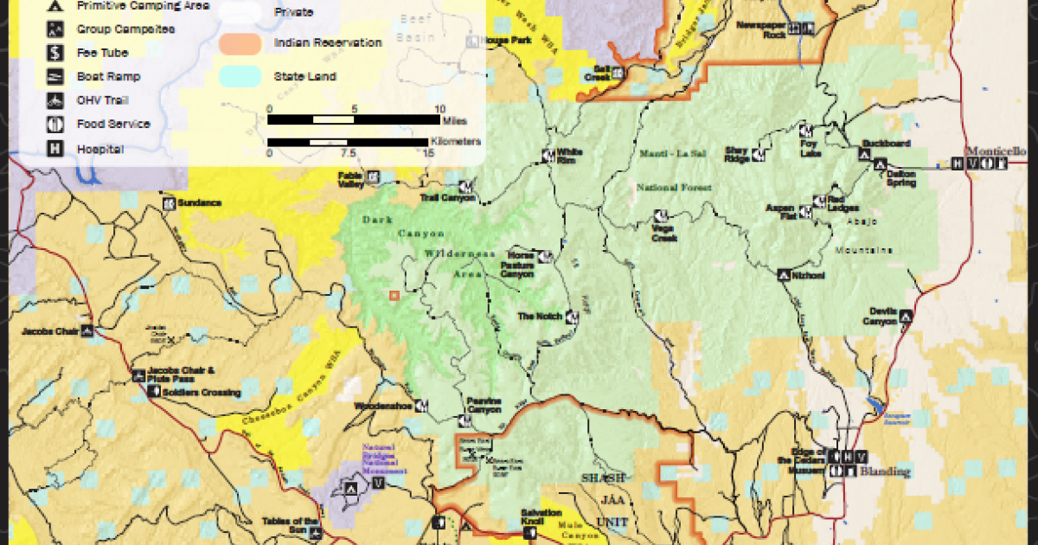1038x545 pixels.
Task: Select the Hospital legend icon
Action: pyautogui.click(x=54, y=149)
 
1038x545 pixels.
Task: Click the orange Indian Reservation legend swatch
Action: pyautogui.click(x=240, y=42)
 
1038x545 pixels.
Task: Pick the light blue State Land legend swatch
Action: pyautogui.click(x=240, y=76)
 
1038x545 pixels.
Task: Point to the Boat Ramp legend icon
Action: pyautogui.click(x=54, y=76)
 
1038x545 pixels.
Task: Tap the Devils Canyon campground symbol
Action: pyautogui.click(x=906, y=317)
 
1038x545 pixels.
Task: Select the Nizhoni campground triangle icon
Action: pyautogui.click(x=784, y=275)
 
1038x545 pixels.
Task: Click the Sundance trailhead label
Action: pyautogui.click(x=198, y=203)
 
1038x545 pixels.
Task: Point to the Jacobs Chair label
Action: pyautogui.click(x=50, y=330)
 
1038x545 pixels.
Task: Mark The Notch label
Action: pyautogui.click(x=540, y=317)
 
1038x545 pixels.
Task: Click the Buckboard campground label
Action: pyautogui.click(x=886, y=144)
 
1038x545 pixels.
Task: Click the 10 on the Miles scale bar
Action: pyautogui.click(x=439, y=108)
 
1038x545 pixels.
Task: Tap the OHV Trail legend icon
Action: pyautogui.click(x=54, y=100)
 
